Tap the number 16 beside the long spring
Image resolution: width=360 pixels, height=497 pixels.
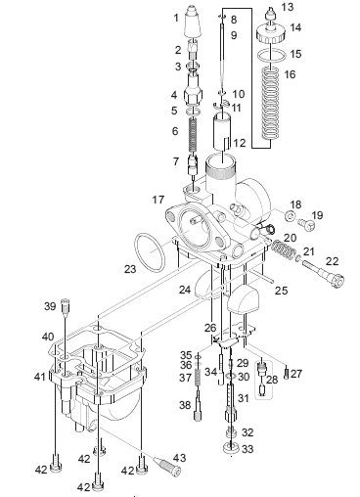click(290, 74)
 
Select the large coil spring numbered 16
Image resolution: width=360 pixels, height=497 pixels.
click(272, 103)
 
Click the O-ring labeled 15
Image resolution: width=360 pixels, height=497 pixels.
click(272, 55)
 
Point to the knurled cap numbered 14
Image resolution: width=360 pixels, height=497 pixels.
click(271, 34)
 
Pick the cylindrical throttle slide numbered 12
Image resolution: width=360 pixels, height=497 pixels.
click(222, 131)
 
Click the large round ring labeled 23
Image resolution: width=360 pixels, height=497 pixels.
click(150, 251)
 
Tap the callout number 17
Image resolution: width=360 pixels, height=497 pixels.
click(158, 200)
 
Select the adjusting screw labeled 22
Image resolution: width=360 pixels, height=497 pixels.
click(323, 272)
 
